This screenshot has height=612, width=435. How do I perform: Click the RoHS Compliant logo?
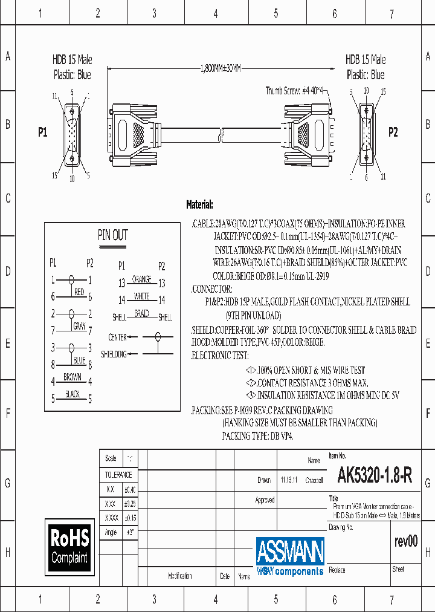(69, 546)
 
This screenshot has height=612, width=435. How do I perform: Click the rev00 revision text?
(405, 541)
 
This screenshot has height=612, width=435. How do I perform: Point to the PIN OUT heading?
(113, 235)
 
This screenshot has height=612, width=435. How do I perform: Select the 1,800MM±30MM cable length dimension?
(220, 68)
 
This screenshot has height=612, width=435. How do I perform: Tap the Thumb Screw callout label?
(295, 91)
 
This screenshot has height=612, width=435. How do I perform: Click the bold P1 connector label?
(42, 132)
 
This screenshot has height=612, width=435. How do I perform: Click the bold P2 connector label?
(393, 132)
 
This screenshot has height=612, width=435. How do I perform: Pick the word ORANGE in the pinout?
(141, 279)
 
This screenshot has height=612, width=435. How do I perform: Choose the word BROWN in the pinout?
(72, 377)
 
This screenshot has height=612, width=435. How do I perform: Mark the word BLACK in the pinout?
(72, 394)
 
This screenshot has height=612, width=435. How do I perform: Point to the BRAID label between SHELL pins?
(141, 313)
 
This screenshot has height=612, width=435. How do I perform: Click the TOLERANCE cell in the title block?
(118, 475)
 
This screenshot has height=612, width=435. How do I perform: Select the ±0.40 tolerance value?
(129, 489)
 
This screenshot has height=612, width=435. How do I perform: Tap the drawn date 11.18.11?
(288, 480)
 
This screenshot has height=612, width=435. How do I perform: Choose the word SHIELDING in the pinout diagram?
(114, 354)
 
